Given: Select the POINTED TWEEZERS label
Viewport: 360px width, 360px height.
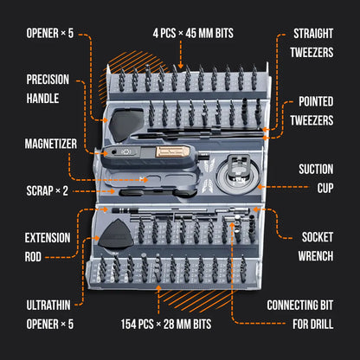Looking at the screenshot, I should [x=310, y=112].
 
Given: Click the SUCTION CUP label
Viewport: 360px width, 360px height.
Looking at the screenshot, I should [x=314, y=177].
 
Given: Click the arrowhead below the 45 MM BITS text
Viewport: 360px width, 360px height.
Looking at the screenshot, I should [x=180, y=65].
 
